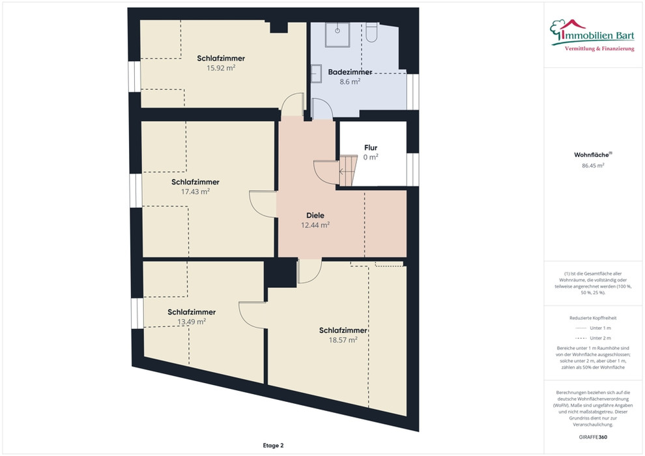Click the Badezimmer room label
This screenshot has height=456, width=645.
[350, 72]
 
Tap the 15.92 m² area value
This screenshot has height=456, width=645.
[221, 68]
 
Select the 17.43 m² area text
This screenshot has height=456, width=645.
[195, 192]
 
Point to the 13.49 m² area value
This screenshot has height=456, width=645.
[192, 322]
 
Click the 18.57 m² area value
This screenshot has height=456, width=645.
[343, 340]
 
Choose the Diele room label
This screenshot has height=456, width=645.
[315, 216]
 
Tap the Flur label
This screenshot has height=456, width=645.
[371, 148]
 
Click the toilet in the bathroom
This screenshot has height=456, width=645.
[371, 33]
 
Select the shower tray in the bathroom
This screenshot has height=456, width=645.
[337, 35]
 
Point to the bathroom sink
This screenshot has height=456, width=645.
[317, 74]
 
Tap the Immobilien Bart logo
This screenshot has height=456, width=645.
[592, 35]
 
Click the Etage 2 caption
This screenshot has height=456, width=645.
[273, 446]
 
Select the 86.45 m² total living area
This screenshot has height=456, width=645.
[593, 165]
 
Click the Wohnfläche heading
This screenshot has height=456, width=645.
[593, 155]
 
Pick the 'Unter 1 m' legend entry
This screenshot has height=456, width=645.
[593, 328]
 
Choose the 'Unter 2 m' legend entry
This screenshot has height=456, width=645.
[593, 338]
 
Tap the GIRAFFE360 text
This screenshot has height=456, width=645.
[593, 437]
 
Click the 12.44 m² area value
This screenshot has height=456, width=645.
[315, 225]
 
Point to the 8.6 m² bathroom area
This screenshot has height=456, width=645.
[350, 81]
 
